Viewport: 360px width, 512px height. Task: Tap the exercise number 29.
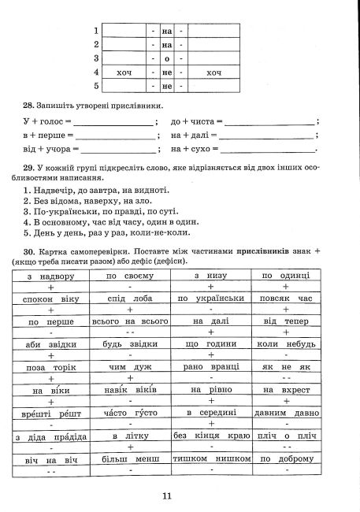(x=30, y=168)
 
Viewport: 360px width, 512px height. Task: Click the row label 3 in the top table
(x=96, y=58)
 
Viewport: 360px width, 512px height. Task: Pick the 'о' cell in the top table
(x=166, y=58)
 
